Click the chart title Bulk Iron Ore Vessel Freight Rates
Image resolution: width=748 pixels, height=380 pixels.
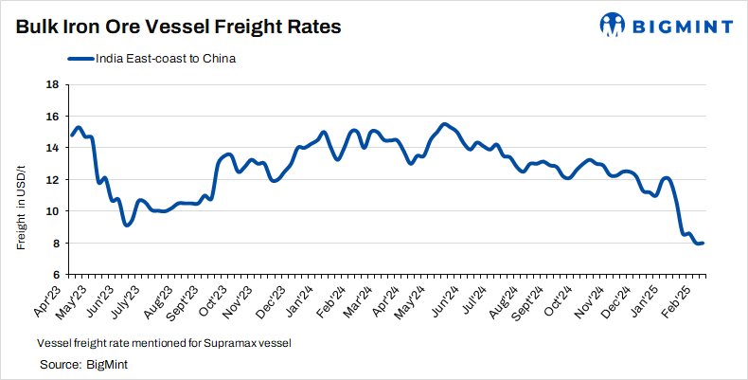[177, 27]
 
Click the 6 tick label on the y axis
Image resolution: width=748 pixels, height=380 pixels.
[55, 275]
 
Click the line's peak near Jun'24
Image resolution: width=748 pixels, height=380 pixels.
[444, 124]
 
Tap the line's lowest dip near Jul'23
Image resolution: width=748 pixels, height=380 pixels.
[127, 225]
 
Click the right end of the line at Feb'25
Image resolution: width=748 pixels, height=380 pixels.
[703, 244]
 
